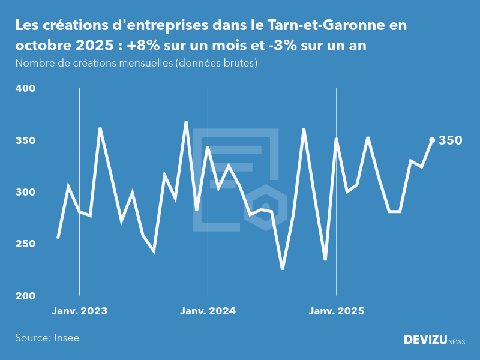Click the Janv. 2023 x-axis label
[79, 311]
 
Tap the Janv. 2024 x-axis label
[208, 311]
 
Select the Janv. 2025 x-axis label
[336, 311]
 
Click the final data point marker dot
[432, 140]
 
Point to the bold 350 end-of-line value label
[450, 140]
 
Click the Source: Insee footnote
[47, 338]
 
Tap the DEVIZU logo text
[425, 340]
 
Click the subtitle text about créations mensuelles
[136, 63]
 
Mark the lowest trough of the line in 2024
[283, 269]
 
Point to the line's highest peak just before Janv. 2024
[186, 122]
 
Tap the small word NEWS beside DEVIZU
[457, 342]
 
